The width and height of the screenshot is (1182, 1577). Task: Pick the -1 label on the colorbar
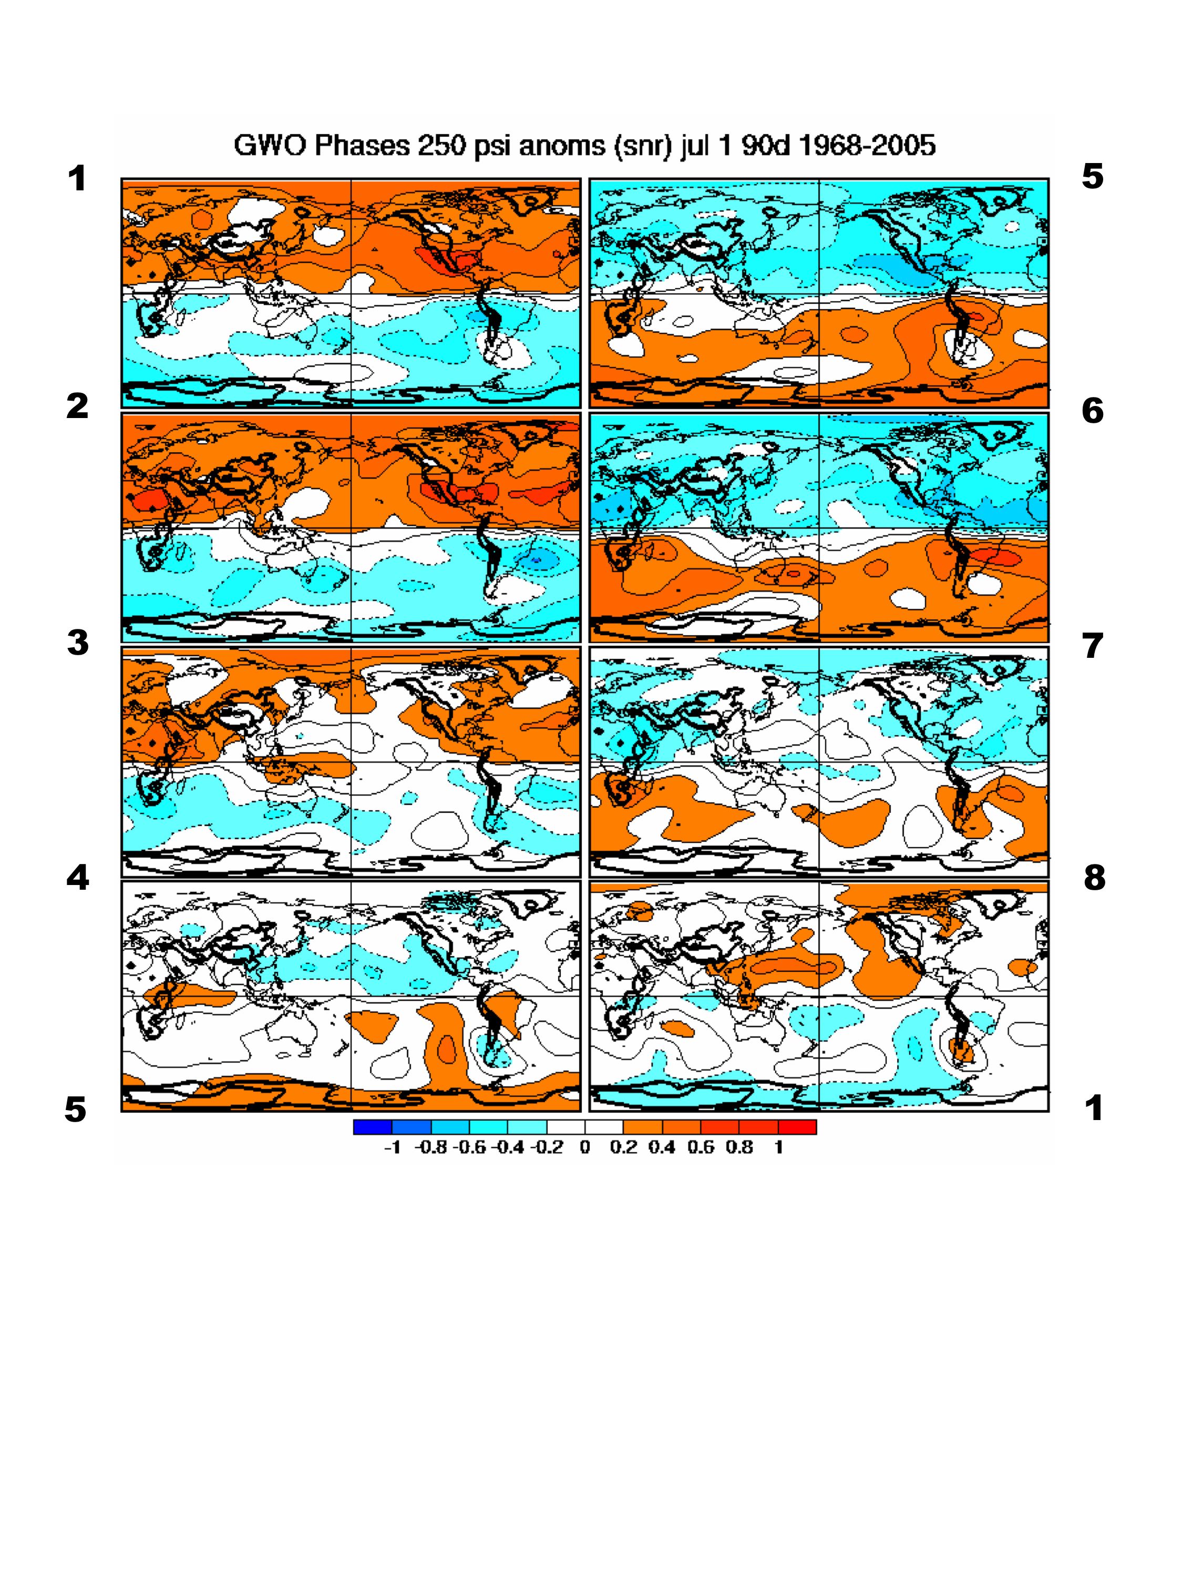click(x=392, y=1147)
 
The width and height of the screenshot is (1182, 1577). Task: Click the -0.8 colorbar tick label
click(x=429, y=1147)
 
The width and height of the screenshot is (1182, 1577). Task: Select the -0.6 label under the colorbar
click(x=469, y=1147)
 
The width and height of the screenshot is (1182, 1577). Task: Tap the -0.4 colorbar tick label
click(x=507, y=1147)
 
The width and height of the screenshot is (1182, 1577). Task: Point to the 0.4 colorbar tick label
click(x=662, y=1147)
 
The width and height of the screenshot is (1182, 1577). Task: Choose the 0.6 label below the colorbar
click(x=701, y=1147)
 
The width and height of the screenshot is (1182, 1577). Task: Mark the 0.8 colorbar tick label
click(x=739, y=1147)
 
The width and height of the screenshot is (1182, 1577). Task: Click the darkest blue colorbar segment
click(x=372, y=1127)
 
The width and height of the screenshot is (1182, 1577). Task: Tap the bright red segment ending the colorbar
click(x=797, y=1127)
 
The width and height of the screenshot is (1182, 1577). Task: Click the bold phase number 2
click(x=77, y=406)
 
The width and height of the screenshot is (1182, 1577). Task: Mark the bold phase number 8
click(x=1094, y=878)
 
